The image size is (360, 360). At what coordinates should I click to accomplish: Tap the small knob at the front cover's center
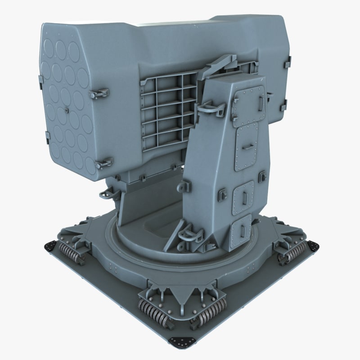tap(65, 109)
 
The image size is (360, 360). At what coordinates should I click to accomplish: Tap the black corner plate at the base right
tap(312, 246)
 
